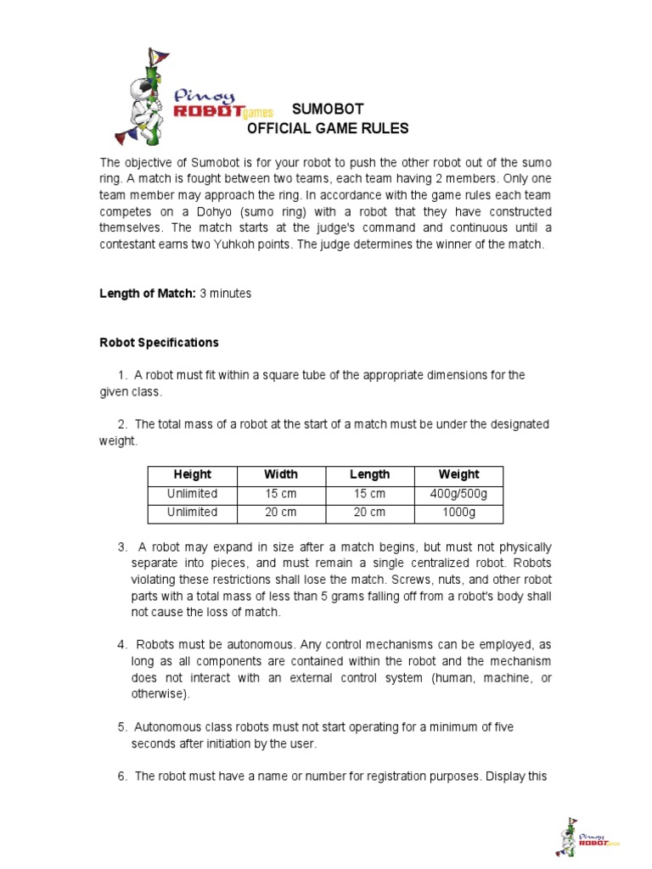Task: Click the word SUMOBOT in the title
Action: [328, 109]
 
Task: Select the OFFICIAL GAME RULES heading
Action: [328, 129]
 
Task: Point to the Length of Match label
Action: [148, 294]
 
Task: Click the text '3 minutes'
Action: [226, 294]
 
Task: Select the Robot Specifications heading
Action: [159, 343]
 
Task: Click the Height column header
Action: [193, 474]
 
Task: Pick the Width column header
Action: [281, 474]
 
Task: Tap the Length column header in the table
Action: [369, 474]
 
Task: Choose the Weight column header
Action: [458, 474]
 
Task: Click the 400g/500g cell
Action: [458, 494]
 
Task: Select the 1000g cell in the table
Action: [458, 513]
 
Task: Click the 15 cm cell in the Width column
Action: [281, 494]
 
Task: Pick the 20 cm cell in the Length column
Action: [369, 513]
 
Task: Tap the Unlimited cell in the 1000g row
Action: [193, 513]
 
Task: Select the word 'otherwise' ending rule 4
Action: [159, 693]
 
